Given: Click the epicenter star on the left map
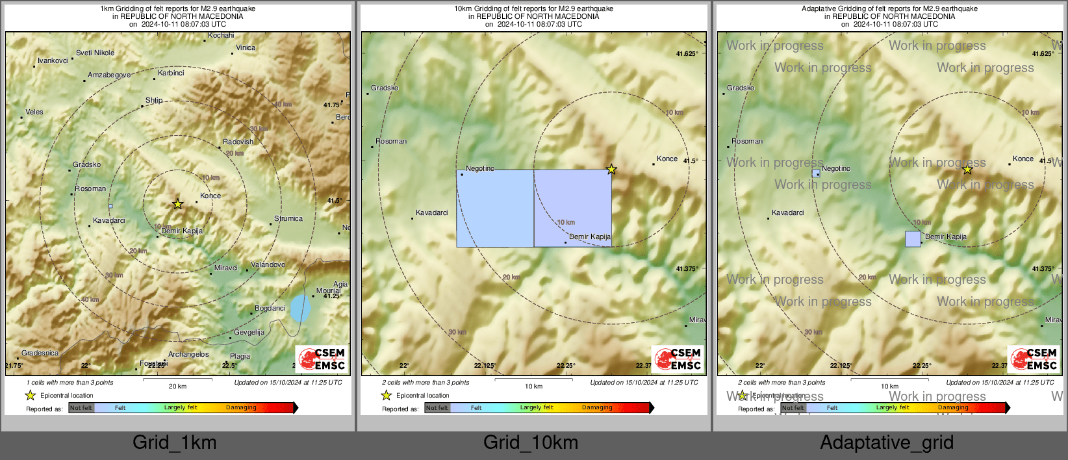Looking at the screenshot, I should tap(177, 204).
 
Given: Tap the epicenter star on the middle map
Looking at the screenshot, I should tap(611, 170).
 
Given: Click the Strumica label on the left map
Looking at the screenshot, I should tap(288, 218).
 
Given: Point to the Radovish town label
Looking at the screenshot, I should tap(238, 142).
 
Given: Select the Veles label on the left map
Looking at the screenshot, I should tap(34, 112).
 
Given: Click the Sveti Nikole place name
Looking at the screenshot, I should tap(95, 53).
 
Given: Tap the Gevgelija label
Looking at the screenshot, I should tap(249, 332).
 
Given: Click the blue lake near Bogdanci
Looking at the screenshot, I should tap(299, 309).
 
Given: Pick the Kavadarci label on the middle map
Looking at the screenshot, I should tap(432, 212).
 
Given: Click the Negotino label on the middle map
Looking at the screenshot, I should tap(480, 168).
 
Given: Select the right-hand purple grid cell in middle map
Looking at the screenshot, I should tap(572, 208).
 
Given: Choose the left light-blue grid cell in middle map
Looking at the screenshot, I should tap(495, 208).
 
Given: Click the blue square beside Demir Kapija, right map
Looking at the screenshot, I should tap(913, 239).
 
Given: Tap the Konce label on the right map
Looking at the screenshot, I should tap(1023, 159).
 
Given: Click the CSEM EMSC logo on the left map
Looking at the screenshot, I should tap(322, 359).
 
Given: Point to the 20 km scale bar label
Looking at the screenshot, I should tap(177, 387).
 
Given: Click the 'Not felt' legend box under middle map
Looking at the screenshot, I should tap(437, 408).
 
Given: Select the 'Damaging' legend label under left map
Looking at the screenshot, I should tap(241, 407).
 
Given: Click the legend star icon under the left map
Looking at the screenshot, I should tap(30, 395).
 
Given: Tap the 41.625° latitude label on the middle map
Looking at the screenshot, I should tap(687, 54).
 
